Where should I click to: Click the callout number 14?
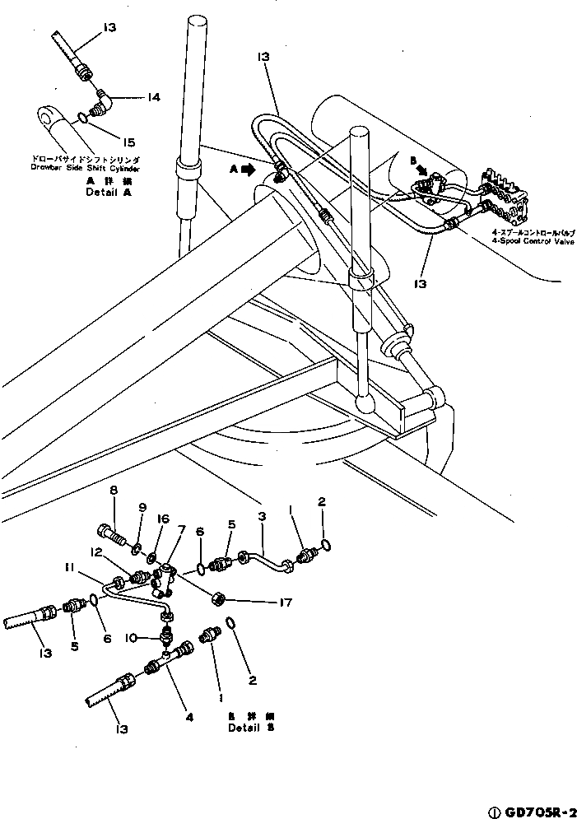point(153,96)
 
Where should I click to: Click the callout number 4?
point(190,716)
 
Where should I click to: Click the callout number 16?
point(164,519)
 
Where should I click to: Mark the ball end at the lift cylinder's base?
point(365,405)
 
